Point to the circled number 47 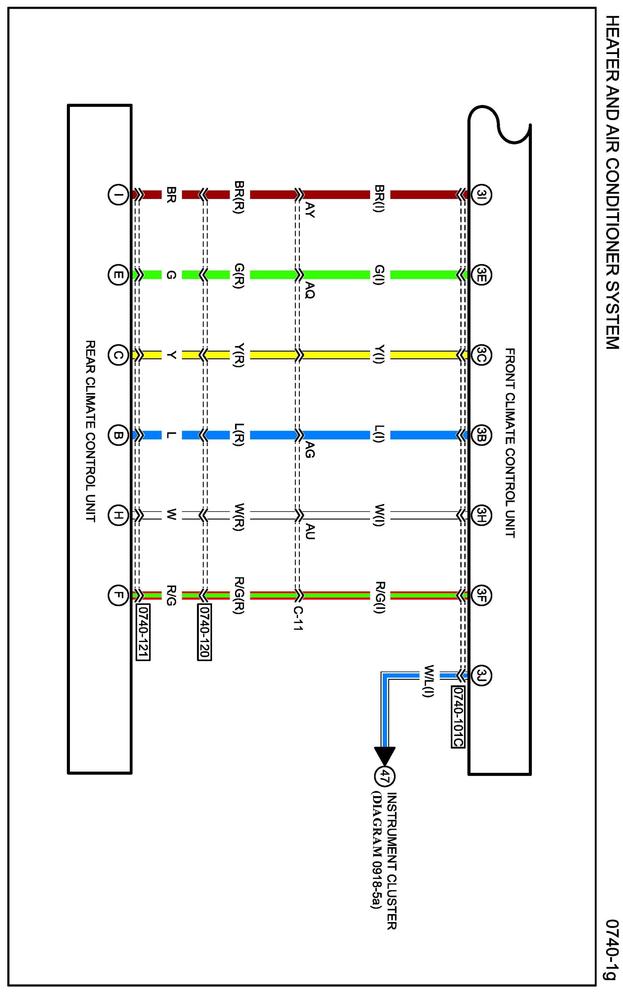pos(384,777)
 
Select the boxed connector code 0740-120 pos(205,633)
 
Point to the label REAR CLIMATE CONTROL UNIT pos(90,431)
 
